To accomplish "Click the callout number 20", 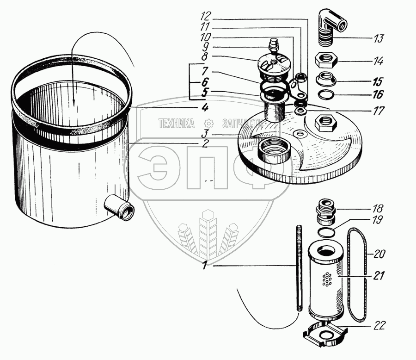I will (379, 254).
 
